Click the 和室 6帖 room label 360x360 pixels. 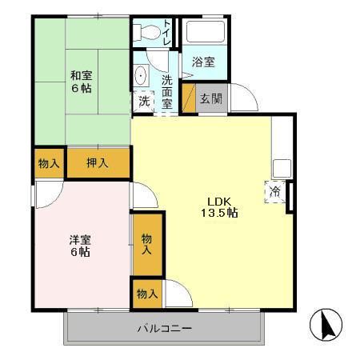(x=80, y=82)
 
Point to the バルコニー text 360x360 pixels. (x=164, y=328)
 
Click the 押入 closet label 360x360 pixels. (x=98, y=163)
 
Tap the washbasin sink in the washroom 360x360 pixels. (x=142, y=77)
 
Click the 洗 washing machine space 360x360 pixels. (x=143, y=102)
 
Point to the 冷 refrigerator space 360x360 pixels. (x=275, y=192)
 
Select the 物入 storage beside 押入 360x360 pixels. (x=49, y=163)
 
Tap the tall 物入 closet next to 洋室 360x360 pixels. (x=147, y=244)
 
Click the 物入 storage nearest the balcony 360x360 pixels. (x=146, y=294)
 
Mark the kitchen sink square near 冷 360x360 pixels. (x=282, y=168)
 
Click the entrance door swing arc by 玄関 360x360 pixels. (x=246, y=99)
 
